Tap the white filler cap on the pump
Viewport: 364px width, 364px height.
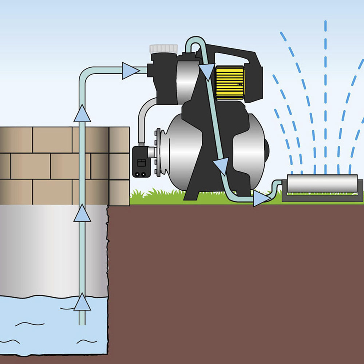point(163,49)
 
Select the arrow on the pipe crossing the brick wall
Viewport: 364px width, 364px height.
point(82,114)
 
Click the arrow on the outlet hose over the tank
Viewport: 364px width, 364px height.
point(221,166)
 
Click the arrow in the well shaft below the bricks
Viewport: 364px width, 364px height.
point(82,213)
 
